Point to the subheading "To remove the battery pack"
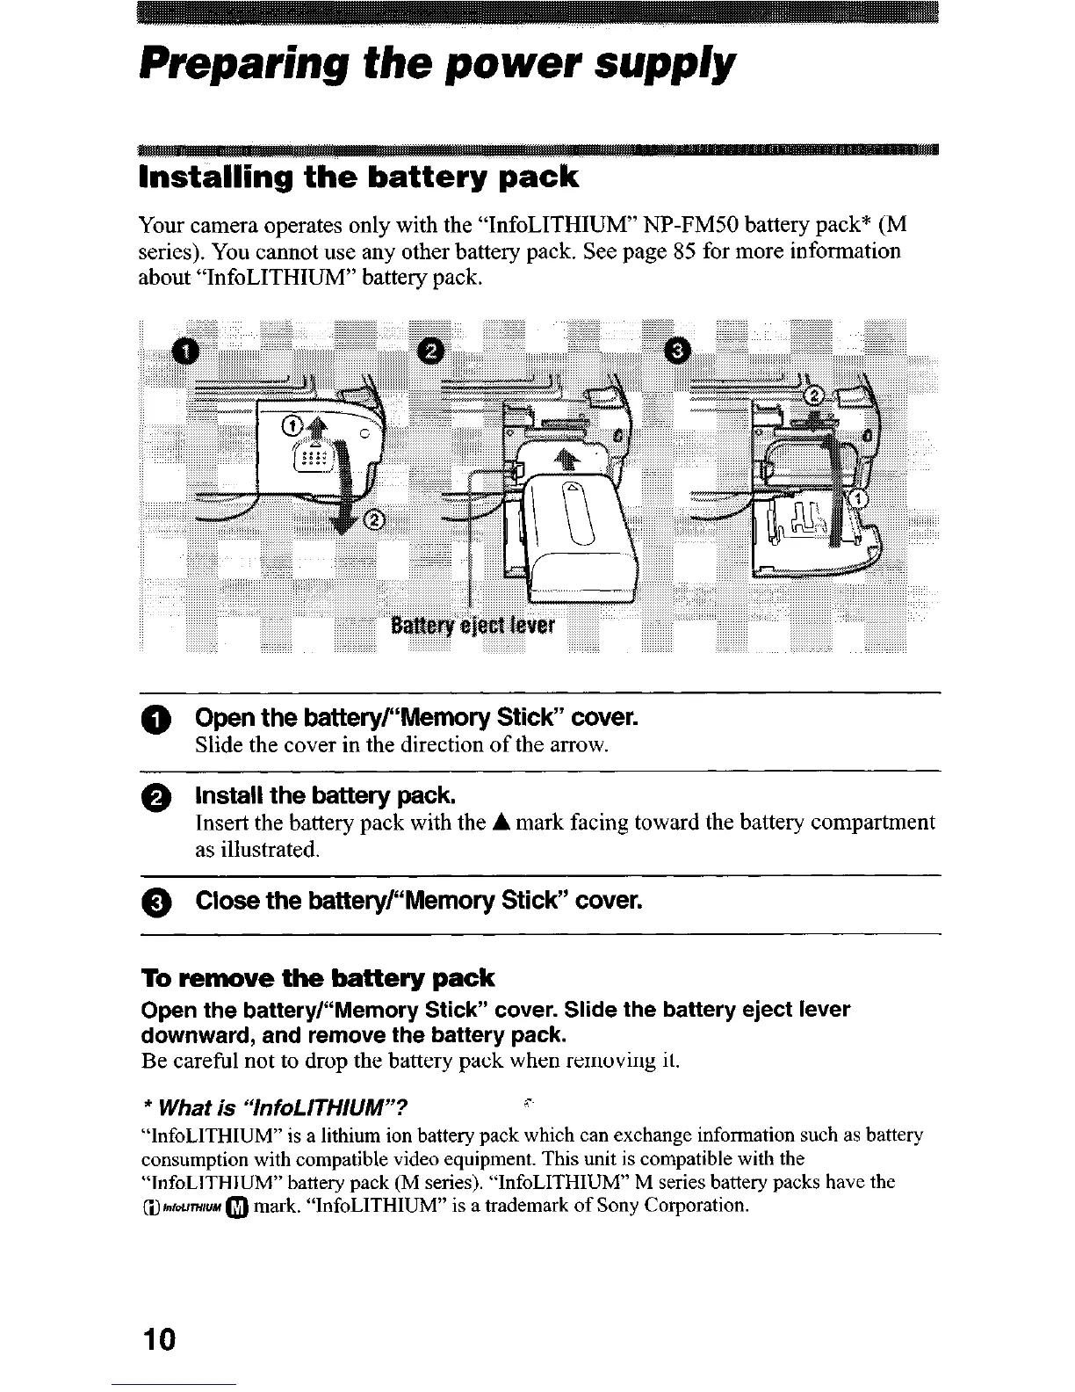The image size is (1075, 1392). tap(318, 978)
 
